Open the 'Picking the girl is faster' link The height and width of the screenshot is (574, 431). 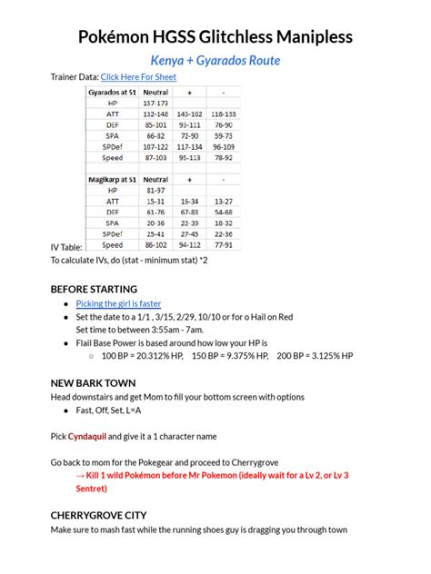pos(118,303)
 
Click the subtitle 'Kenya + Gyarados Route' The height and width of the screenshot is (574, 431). pos(215,60)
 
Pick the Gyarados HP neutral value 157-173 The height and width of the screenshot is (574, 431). pos(155,104)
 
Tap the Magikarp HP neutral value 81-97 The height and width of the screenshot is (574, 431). pos(155,191)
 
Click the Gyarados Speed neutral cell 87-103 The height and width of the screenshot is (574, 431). pos(155,157)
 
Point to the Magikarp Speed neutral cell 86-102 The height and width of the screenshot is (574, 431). pos(155,244)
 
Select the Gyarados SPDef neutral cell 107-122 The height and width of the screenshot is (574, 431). pos(155,146)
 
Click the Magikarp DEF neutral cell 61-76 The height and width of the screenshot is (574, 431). pos(155,212)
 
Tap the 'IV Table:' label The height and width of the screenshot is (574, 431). pos(66,247)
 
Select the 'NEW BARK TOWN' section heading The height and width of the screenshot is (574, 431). pos(93,383)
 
